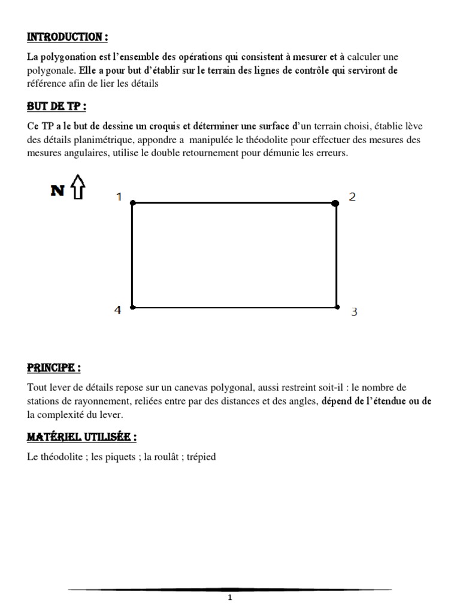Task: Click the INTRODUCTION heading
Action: (67, 37)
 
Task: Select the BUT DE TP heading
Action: (56, 107)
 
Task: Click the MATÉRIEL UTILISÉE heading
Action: (82, 438)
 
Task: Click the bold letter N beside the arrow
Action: (58, 190)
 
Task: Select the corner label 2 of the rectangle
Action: (352, 196)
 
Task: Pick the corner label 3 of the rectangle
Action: (354, 312)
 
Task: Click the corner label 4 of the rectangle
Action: (118, 309)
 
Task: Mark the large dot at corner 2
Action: (335, 204)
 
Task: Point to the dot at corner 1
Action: (132, 204)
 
